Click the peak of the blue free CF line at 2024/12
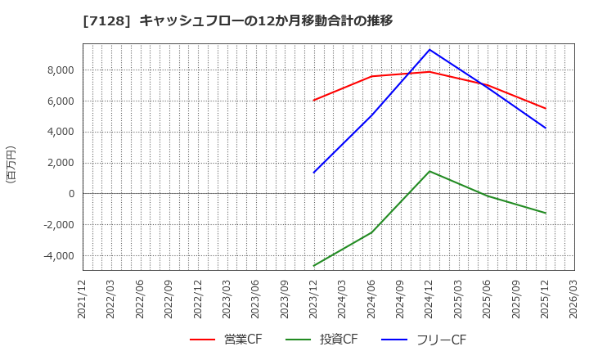pyautogui.click(x=429, y=50)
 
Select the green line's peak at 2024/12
pyautogui.click(x=429, y=171)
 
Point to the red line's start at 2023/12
pyautogui.click(x=314, y=100)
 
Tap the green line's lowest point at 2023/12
pyautogui.click(x=314, y=266)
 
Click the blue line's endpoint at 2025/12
pyautogui.click(x=546, y=128)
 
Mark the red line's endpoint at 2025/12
pyautogui.click(x=546, y=108)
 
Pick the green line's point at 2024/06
pyautogui.click(x=371, y=232)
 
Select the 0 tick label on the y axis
pyautogui.click(x=71, y=194)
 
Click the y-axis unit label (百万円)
pyautogui.click(x=11, y=164)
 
